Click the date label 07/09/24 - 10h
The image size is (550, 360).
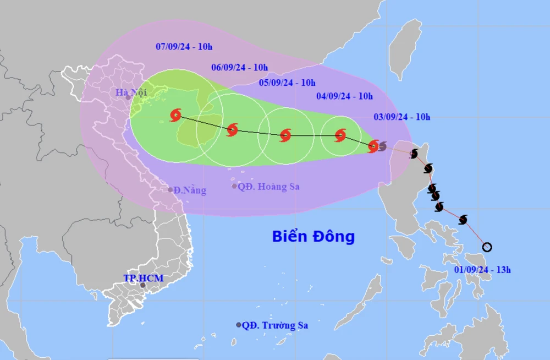coord(184,46)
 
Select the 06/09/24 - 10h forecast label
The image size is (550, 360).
coord(239,68)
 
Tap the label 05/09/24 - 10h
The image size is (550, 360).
coord(287,83)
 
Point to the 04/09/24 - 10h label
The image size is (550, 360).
coord(344,96)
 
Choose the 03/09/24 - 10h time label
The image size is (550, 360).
coord(402,116)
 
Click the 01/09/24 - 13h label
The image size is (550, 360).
coord(482,270)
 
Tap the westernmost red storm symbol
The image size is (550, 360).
coord(175,115)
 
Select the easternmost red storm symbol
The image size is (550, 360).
coord(373,146)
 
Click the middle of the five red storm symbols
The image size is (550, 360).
coord(285,135)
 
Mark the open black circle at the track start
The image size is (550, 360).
coord(487,247)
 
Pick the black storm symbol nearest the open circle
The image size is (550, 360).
coord(463,220)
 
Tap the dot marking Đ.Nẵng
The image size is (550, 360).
coord(170,190)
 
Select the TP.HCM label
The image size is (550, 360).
coord(143,278)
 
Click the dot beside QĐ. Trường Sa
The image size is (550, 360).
coord(239,325)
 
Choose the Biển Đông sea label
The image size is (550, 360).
coord(313,237)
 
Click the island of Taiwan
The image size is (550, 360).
coord(405,50)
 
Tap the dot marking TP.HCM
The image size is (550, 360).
coord(143,285)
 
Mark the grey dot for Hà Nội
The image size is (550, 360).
coord(128,98)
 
